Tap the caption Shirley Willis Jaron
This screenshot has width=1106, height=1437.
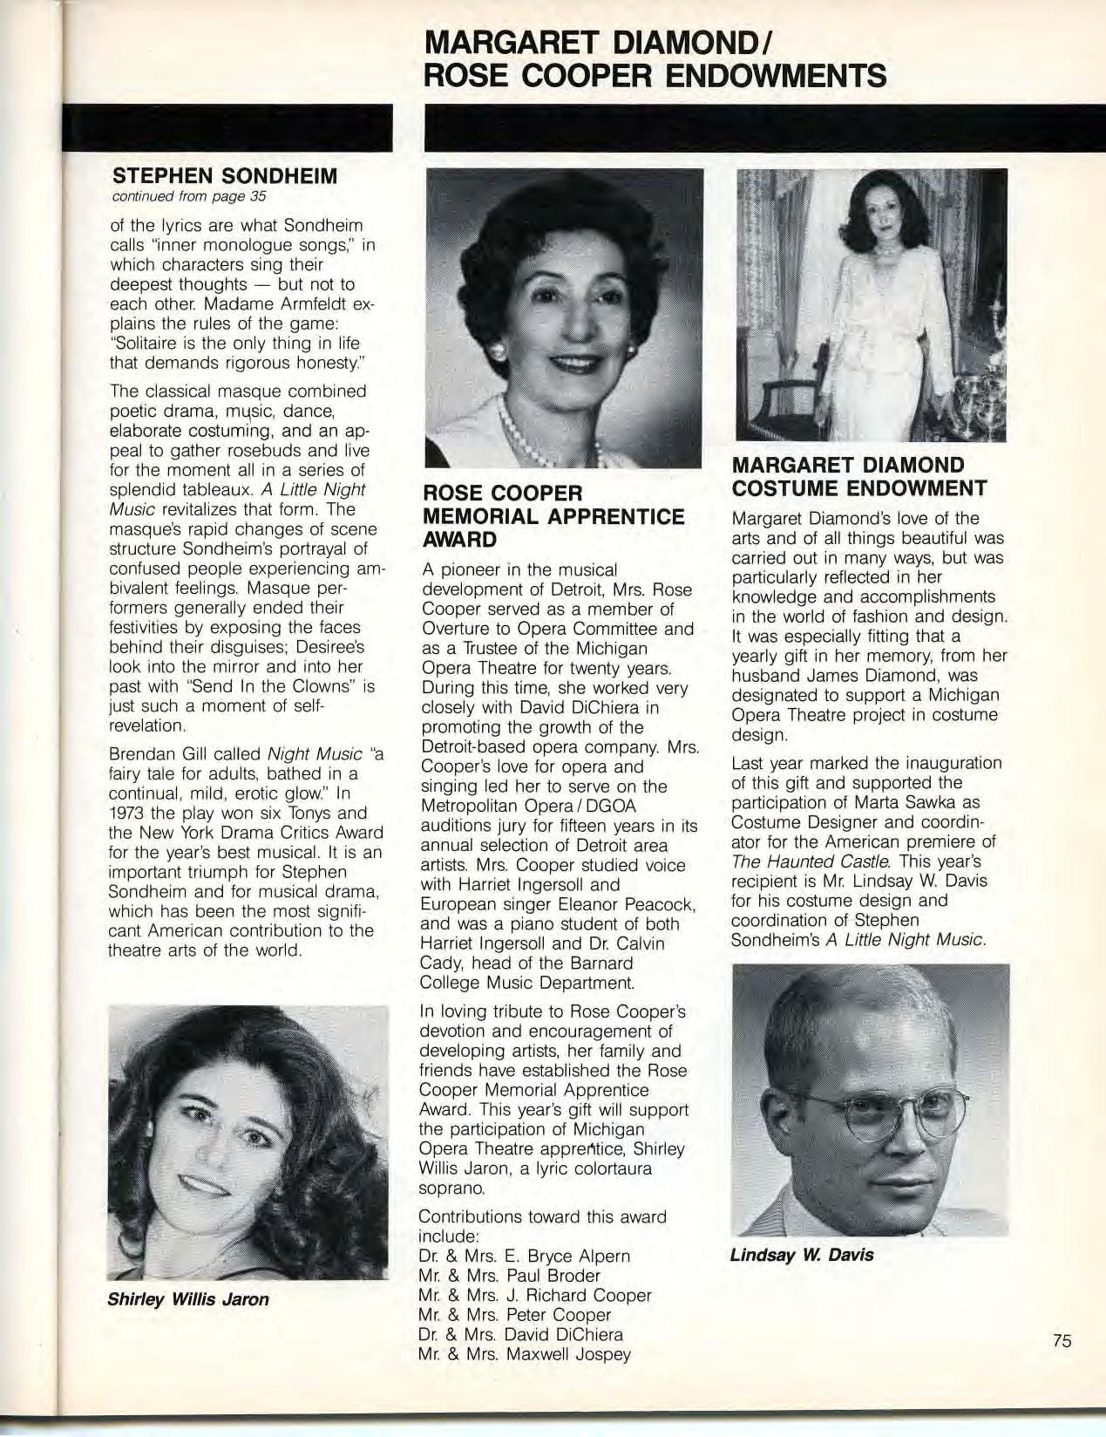click(x=187, y=1298)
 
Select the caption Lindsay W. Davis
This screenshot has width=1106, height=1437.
click(x=802, y=1255)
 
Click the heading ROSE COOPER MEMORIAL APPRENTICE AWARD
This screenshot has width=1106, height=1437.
click(x=553, y=516)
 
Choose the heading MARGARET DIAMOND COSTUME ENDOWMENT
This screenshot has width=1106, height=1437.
click(x=859, y=476)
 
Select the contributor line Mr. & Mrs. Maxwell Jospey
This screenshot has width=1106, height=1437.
click(x=525, y=1354)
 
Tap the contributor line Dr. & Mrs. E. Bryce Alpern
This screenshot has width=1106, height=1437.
click(x=524, y=1256)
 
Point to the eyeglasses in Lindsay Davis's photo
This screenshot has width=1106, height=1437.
click(x=889, y=1115)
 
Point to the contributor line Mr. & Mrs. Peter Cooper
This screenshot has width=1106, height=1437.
click(x=515, y=1315)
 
